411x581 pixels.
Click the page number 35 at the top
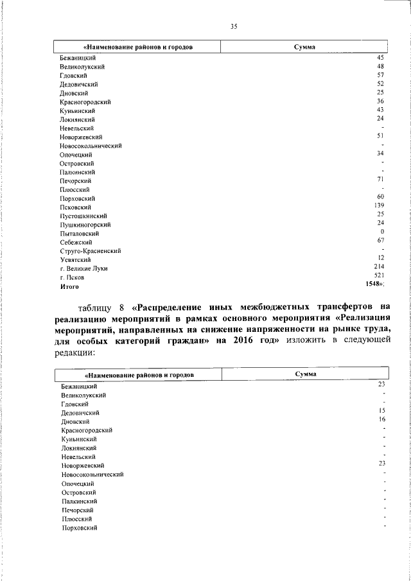click(234, 26)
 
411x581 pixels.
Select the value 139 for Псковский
click(379, 205)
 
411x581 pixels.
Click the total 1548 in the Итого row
click(375, 283)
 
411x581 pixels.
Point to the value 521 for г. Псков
click(379, 274)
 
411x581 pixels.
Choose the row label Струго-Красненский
click(91, 251)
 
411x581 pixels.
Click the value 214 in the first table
click(379, 266)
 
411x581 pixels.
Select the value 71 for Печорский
click(380, 178)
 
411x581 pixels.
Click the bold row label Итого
click(70, 286)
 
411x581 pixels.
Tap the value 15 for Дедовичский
click(381, 410)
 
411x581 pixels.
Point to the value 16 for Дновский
click(381, 419)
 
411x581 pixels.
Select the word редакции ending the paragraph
click(75, 352)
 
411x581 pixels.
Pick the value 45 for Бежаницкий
click(380, 57)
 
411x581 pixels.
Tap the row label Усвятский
click(75, 260)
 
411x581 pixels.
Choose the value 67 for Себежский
click(380, 239)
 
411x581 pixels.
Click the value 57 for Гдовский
click(380, 74)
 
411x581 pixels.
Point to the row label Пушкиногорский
click(85, 225)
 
